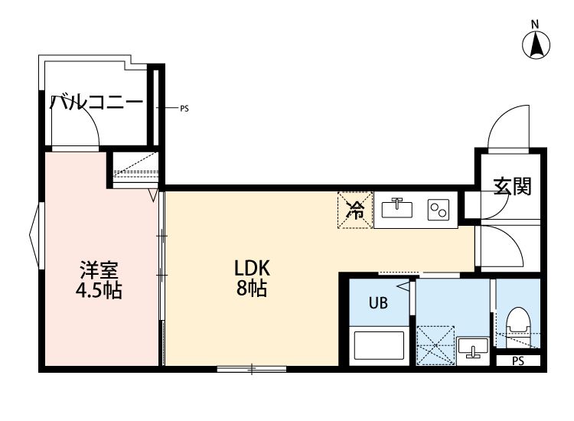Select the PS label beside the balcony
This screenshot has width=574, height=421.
pyautogui.click(x=184, y=109)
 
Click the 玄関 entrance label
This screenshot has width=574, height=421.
pyautogui.click(x=512, y=186)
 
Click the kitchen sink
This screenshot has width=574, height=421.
pyautogui.click(x=396, y=209)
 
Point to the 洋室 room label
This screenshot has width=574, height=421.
pyautogui.click(x=99, y=270)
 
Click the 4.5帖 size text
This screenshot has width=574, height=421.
pyautogui.click(x=99, y=291)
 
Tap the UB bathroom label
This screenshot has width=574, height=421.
pyautogui.click(x=379, y=303)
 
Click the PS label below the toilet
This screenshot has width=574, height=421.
pyautogui.click(x=518, y=361)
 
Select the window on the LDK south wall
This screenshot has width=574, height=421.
pyautogui.click(x=251, y=369)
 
